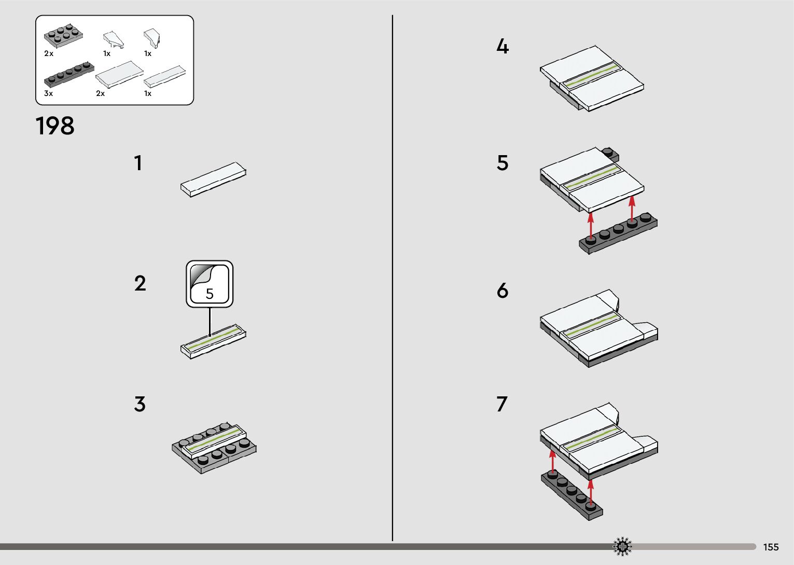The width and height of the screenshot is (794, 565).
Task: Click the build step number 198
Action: pyautogui.click(x=55, y=126)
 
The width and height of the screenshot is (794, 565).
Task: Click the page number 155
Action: pyautogui.click(x=771, y=547)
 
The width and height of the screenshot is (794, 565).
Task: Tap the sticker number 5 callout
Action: pyautogui.click(x=210, y=284)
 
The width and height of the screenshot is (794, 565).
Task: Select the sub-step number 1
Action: pyautogui.click(x=138, y=163)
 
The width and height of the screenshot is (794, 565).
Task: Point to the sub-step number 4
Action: pyautogui.click(x=503, y=47)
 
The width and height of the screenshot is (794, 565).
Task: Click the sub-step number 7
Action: pyautogui.click(x=502, y=404)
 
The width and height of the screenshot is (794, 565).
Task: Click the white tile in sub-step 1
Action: pyautogui.click(x=213, y=179)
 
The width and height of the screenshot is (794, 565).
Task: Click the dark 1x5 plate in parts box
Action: pyautogui.click(x=68, y=74)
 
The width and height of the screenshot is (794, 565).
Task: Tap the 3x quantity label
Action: pyautogui.click(x=48, y=94)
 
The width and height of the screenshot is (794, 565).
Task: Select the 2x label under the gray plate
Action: pyautogui.click(x=49, y=53)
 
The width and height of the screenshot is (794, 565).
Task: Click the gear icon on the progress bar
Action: pyautogui.click(x=622, y=546)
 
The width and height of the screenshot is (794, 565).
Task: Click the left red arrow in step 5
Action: pyautogui.click(x=591, y=225)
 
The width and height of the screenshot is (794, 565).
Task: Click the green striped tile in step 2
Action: pyautogui.click(x=213, y=342)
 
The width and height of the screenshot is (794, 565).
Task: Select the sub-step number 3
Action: pyautogui.click(x=140, y=404)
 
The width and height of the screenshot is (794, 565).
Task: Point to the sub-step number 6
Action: pyautogui.click(x=502, y=291)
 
